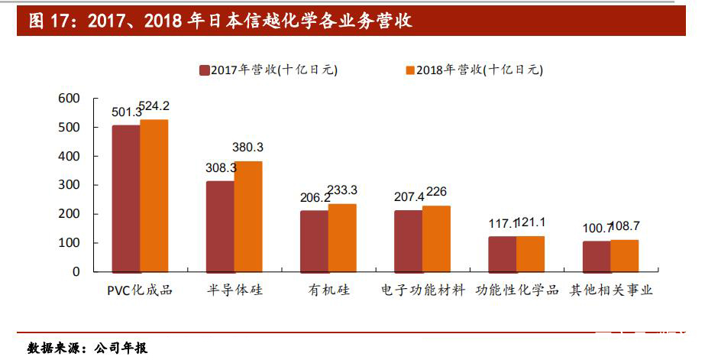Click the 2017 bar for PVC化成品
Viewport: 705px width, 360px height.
(x=126, y=198)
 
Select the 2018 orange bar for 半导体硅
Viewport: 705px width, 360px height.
(x=248, y=216)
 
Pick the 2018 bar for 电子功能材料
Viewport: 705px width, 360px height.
(x=436, y=238)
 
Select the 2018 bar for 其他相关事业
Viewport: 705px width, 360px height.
(x=624, y=255)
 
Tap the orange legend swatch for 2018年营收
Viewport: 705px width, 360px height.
(x=409, y=70)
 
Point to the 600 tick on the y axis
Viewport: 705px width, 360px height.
(x=69, y=99)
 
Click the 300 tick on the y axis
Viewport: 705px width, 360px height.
(x=69, y=185)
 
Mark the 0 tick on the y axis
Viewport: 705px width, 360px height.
(x=75, y=271)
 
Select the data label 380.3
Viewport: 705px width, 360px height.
(x=247, y=147)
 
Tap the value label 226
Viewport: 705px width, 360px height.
(x=436, y=192)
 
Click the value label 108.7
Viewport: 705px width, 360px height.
(x=624, y=227)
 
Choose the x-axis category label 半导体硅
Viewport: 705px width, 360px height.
(x=234, y=291)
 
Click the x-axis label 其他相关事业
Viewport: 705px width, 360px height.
(x=611, y=291)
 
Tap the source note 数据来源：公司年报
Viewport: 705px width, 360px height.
(x=87, y=348)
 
